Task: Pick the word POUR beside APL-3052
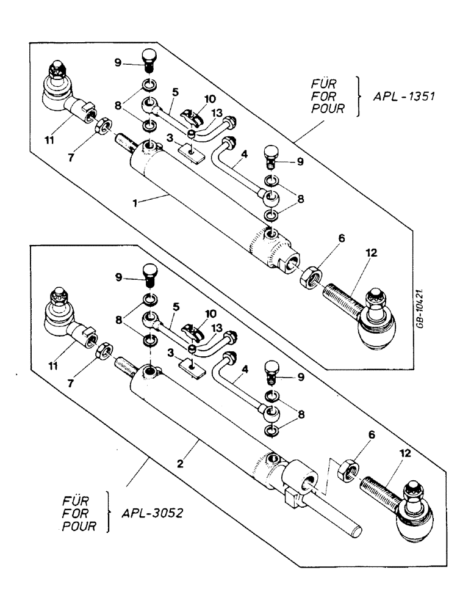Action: pos(79,525)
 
